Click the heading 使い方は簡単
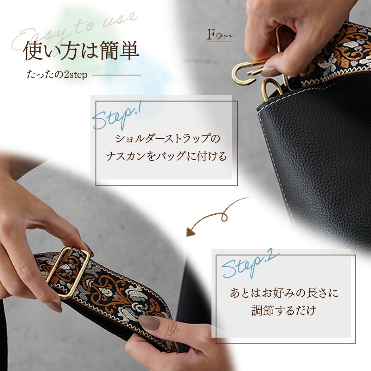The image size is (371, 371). pos(81,51)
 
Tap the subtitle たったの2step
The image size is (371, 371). pos(57,75)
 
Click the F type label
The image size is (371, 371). pos(219,35)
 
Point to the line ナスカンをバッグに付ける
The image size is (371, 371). pos(167,156)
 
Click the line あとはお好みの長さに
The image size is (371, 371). pos(284,293)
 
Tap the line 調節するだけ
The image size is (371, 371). pos(284,310)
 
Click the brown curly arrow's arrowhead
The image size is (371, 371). pos(190,231)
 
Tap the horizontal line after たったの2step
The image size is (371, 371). pos(116,75)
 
